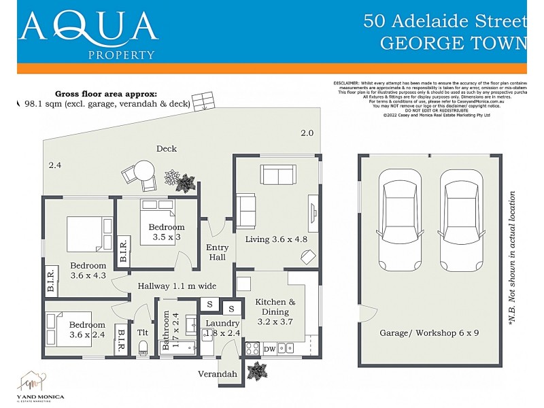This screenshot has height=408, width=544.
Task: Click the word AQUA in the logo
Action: [x=88, y=27]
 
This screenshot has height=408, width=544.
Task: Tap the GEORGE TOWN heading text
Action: [x=453, y=43]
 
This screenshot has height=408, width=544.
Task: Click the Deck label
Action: [x=167, y=148]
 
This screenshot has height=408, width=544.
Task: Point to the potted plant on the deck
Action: [x=180, y=181]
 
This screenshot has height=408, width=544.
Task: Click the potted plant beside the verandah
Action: [x=258, y=371]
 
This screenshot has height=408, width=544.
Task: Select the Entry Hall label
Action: [x=217, y=252]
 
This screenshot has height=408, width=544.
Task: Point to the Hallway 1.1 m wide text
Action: [x=176, y=286]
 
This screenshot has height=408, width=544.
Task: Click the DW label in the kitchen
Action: [x=269, y=349]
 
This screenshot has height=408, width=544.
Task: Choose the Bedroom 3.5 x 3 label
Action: [x=167, y=232]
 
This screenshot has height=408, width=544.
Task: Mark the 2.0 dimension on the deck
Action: [x=307, y=133]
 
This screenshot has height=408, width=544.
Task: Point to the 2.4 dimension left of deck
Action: [x=55, y=165]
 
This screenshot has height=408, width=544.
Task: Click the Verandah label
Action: [x=218, y=374]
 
